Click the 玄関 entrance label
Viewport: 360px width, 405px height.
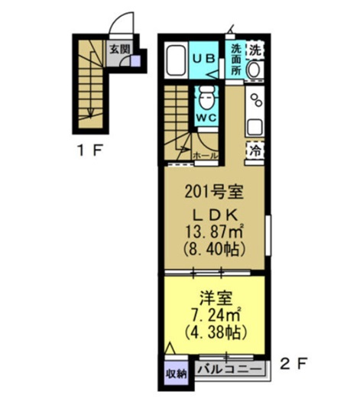pos(118,50)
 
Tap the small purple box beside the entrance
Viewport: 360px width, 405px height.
pos(135,60)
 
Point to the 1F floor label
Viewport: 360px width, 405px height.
pos(89,150)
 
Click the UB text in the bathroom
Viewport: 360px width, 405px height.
pos(203,57)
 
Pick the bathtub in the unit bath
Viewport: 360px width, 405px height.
pos(176,60)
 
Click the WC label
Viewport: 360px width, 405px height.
pos(204,118)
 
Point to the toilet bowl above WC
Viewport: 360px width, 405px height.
pos(204,99)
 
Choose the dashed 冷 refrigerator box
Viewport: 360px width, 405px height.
pos(255,151)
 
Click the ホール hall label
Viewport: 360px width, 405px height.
pos(206,155)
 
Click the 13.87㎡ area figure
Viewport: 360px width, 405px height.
pos(213,230)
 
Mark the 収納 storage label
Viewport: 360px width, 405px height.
pos(177,374)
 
